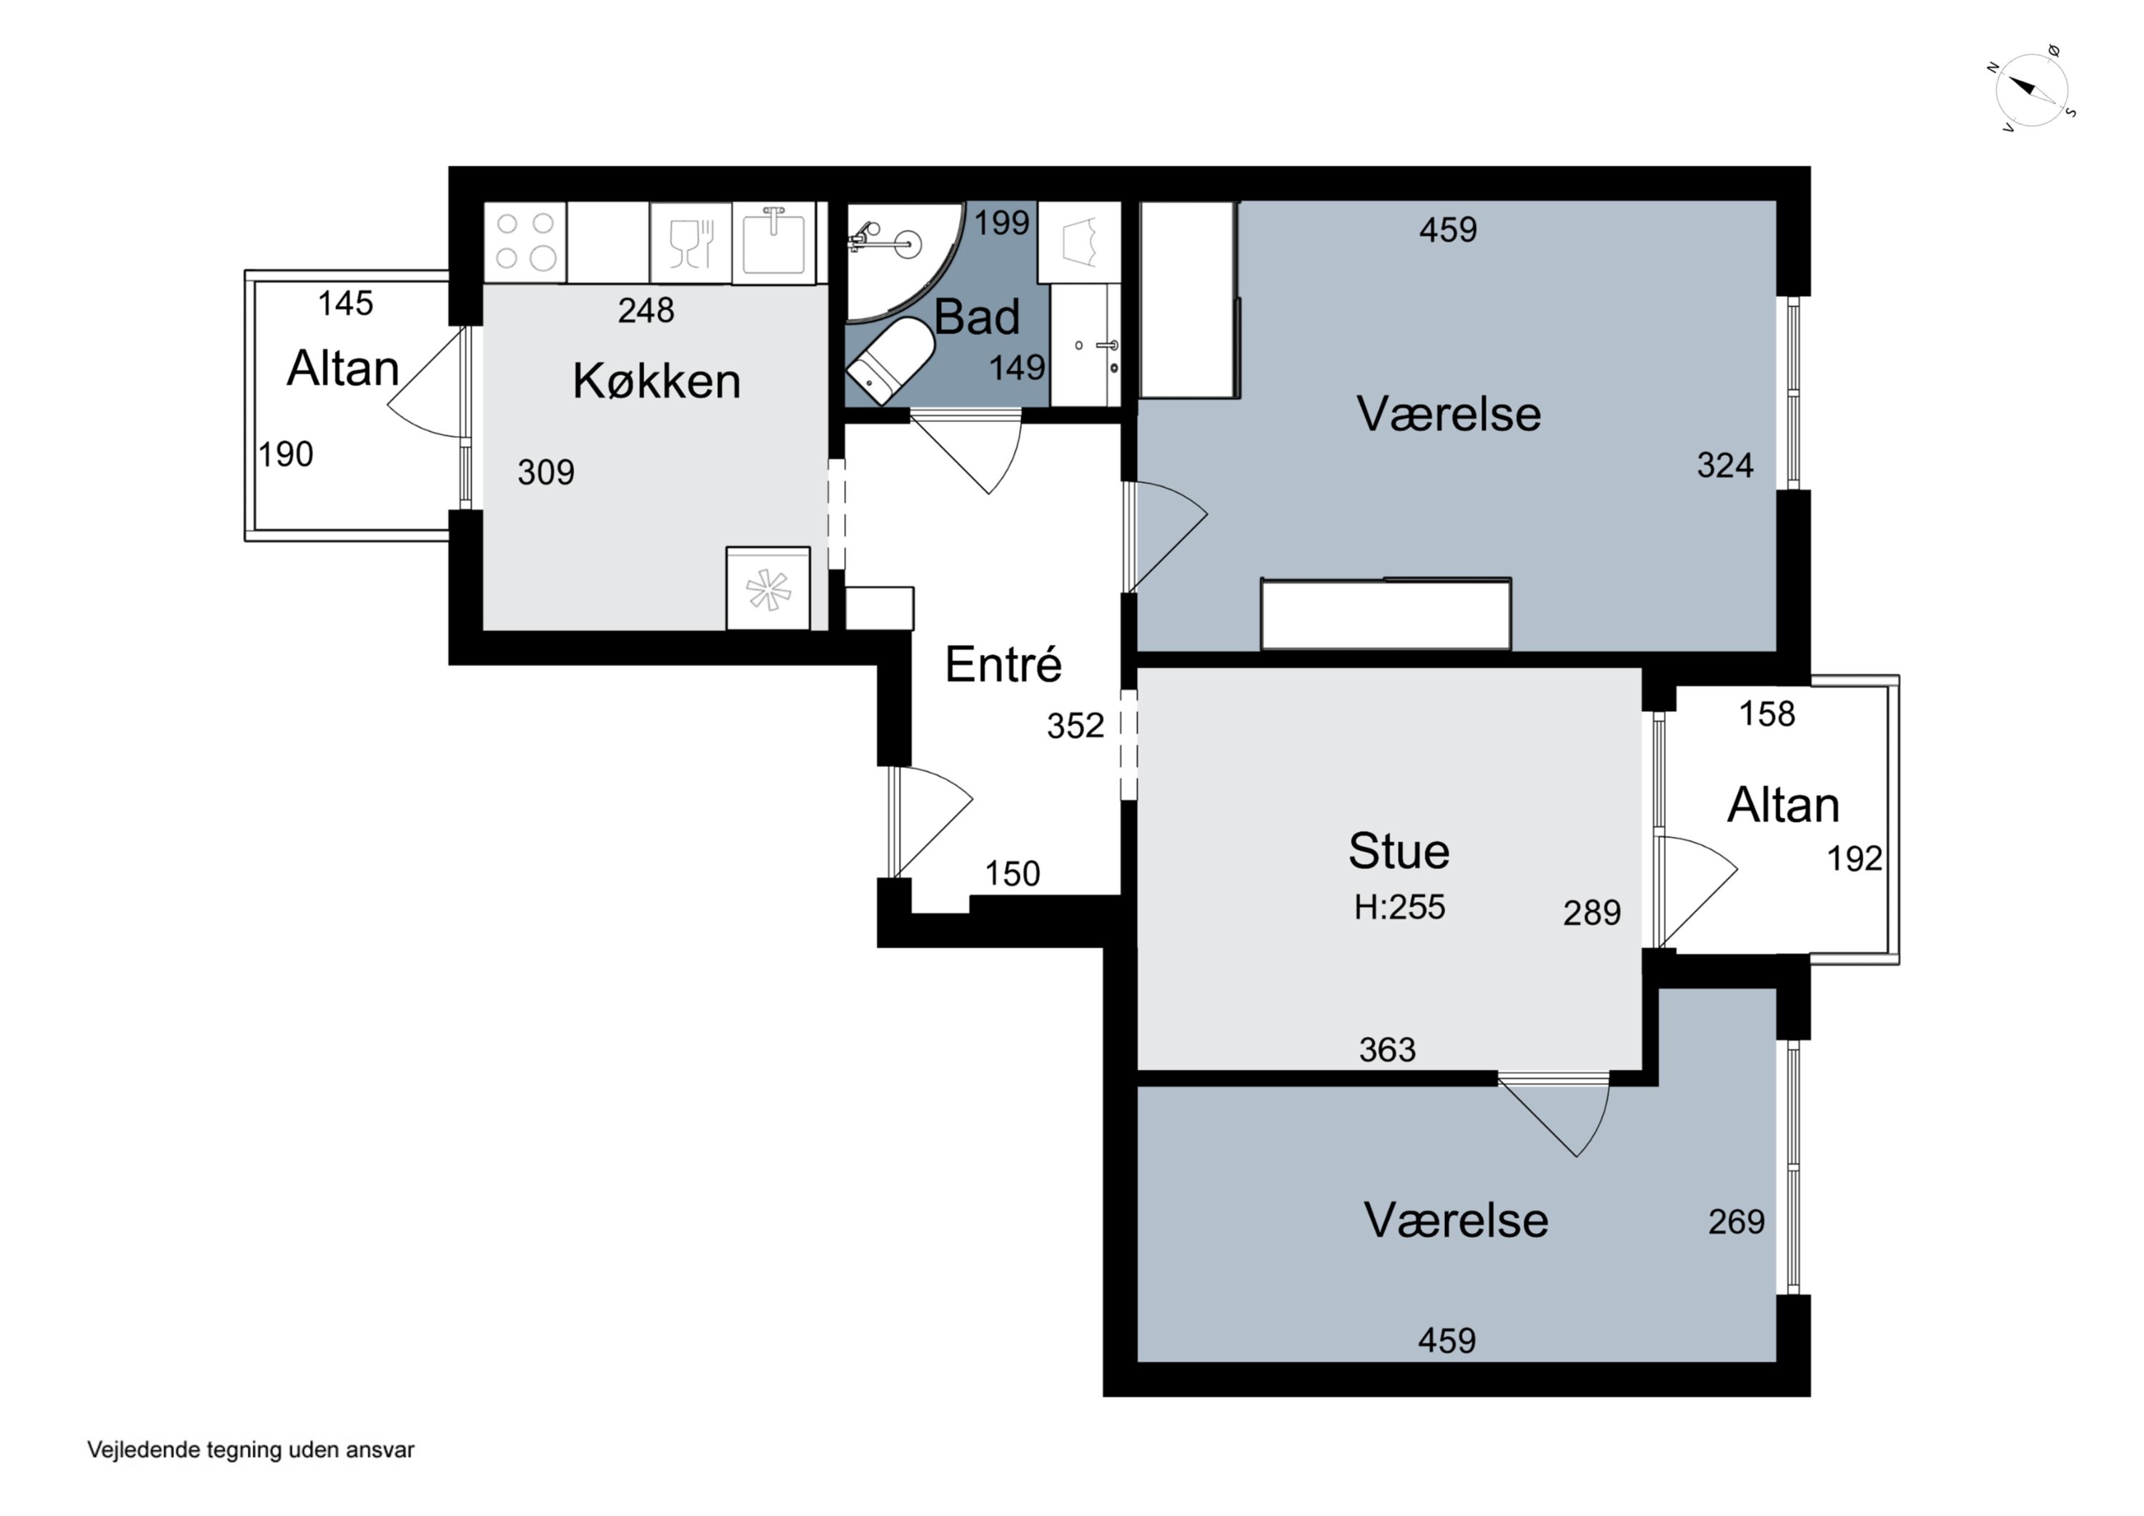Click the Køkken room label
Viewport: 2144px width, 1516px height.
click(657, 381)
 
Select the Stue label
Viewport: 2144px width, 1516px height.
click(1399, 851)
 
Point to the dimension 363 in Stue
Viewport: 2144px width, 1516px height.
click(1388, 1050)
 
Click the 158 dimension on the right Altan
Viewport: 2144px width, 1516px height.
click(1767, 713)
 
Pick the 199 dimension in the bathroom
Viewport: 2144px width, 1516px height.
click(1002, 222)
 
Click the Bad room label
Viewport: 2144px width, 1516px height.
click(977, 317)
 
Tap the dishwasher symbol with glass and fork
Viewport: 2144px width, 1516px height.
click(691, 242)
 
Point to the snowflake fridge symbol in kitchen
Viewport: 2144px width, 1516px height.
click(768, 588)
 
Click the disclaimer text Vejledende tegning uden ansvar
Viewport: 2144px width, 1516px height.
click(250, 1450)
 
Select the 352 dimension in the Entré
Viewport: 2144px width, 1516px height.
click(1075, 725)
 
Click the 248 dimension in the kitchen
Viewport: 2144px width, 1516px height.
click(645, 310)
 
